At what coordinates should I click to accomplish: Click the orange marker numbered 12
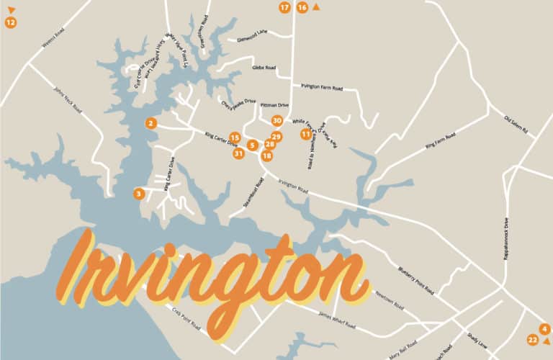click(10, 22)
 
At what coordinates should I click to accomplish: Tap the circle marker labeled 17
click(284, 7)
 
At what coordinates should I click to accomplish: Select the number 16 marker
click(302, 7)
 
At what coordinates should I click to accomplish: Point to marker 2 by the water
click(150, 123)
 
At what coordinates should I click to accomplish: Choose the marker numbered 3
click(138, 193)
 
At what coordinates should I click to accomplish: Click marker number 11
click(306, 134)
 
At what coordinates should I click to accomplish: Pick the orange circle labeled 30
click(276, 121)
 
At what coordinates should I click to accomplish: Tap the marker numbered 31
click(238, 153)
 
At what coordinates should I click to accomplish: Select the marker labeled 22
click(532, 340)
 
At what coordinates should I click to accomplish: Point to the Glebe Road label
click(264, 68)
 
